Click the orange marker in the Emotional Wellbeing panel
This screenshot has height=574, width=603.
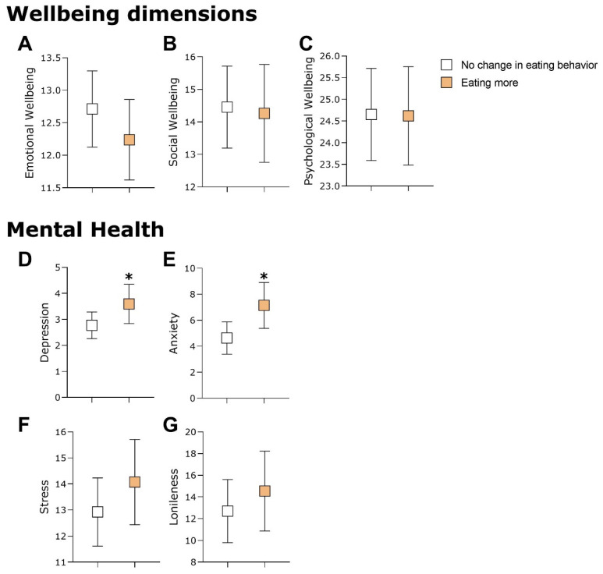(x=129, y=140)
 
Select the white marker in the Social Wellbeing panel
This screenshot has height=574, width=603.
(x=227, y=107)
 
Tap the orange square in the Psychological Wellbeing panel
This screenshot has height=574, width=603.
(x=407, y=115)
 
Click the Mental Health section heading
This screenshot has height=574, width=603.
(x=85, y=229)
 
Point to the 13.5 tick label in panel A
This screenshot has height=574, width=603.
(x=48, y=58)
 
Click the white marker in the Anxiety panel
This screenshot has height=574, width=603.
(x=227, y=338)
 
